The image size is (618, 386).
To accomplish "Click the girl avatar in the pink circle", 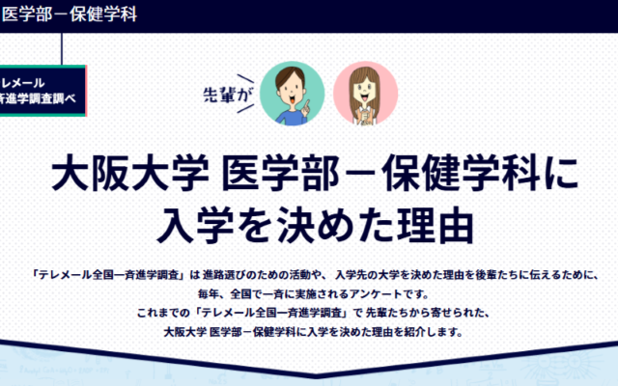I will tap(365, 93).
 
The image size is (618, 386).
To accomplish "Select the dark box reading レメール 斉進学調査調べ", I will tap(42, 91).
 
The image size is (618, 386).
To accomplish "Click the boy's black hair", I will tap(290, 73).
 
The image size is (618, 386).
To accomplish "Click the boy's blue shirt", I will tap(289, 115).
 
